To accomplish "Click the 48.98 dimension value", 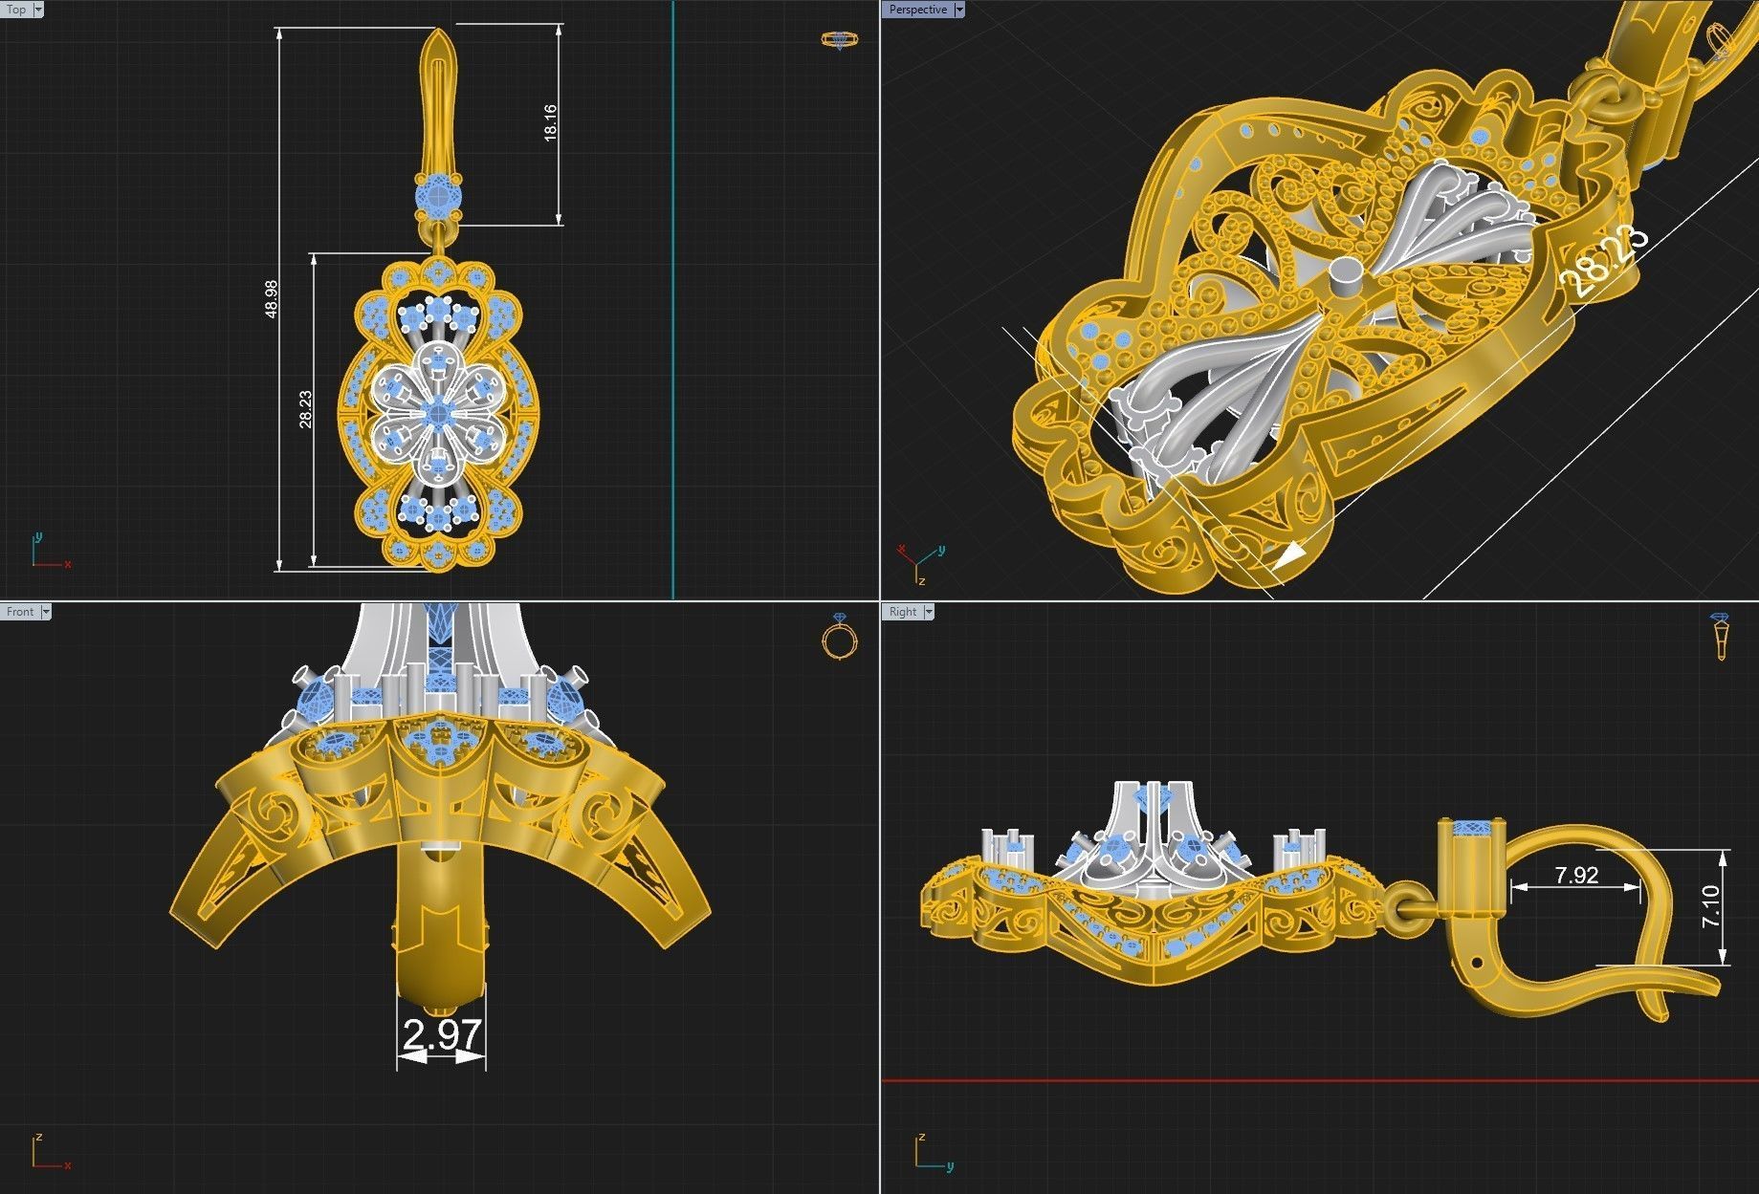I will pyautogui.click(x=271, y=298).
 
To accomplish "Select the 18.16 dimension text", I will pyautogui.click(x=550, y=122).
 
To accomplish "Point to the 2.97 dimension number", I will pyautogui.click(x=442, y=1034).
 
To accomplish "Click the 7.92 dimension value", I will pyautogui.click(x=1576, y=875).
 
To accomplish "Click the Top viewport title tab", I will pyautogui.click(x=17, y=10).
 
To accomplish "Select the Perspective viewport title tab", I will pyautogui.click(x=916, y=10).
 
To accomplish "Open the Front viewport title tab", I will pyautogui.click(x=20, y=612).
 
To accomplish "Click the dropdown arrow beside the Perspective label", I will pyautogui.click(x=958, y=10).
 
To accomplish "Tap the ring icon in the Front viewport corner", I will pyautogui.click(x=839, y=638).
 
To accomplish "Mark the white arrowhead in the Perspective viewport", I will pyautogui.click(x=1291, y=555).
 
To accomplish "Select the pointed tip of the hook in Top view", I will pyautogui.click(x=438, y=33).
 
